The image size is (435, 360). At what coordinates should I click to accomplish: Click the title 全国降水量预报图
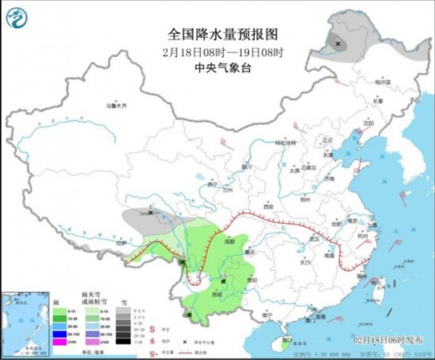click(224, 34)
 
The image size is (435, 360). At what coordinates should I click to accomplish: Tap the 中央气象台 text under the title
click(224, 68)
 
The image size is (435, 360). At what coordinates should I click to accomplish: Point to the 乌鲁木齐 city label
click(116, 105)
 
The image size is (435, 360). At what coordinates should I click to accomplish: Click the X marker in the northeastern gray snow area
click(339, 44)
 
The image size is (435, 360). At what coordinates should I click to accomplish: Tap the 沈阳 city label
click(368, 123)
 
